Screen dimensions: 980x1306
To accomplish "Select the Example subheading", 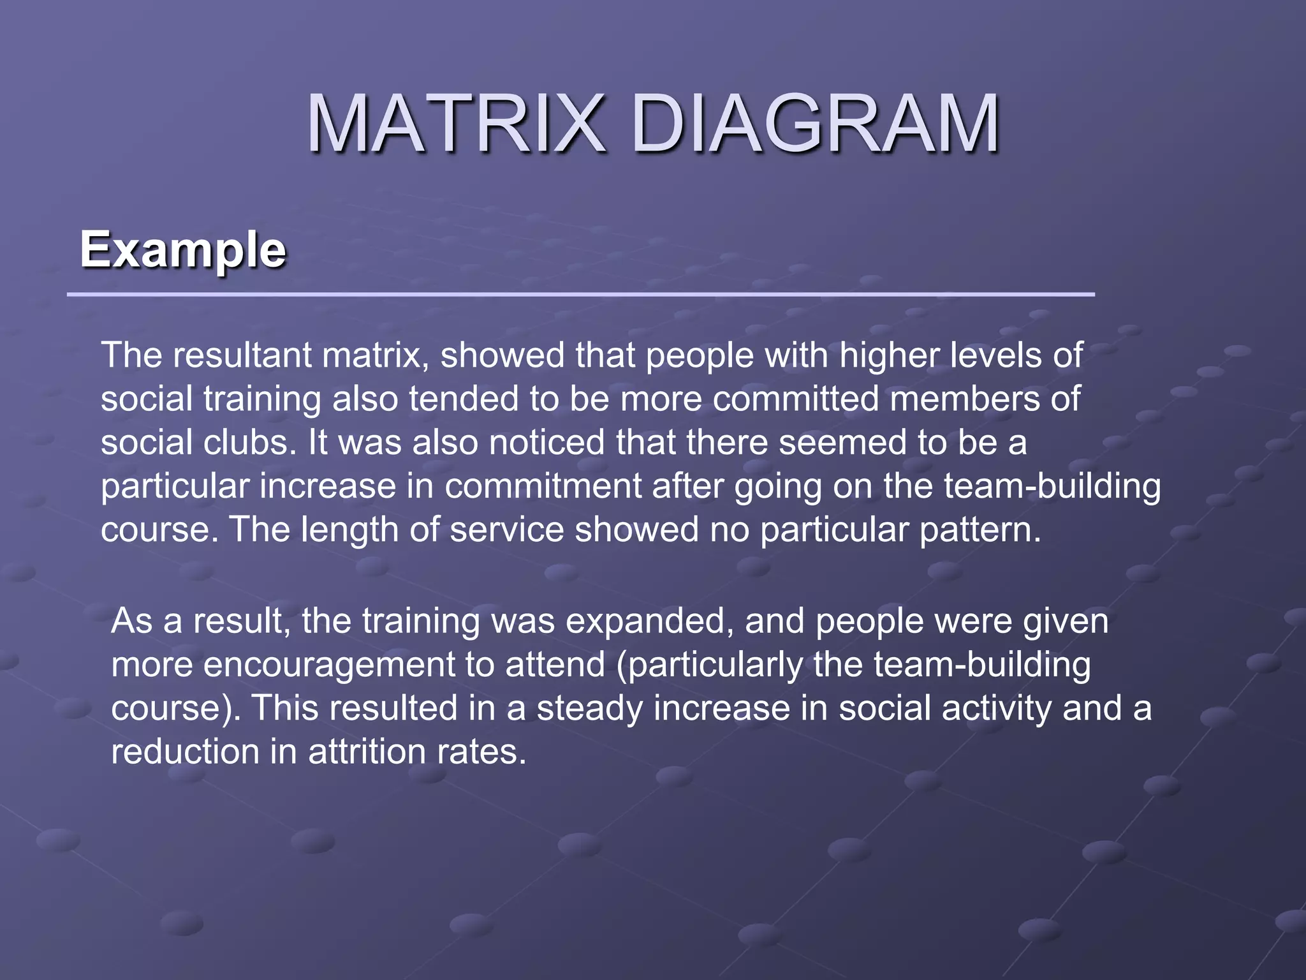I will (x=183, y=249).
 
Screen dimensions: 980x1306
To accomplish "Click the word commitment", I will (x=543, y=486).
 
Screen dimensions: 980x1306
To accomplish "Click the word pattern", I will (x=973, y=530).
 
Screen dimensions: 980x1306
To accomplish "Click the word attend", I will (x=555, y=664).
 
